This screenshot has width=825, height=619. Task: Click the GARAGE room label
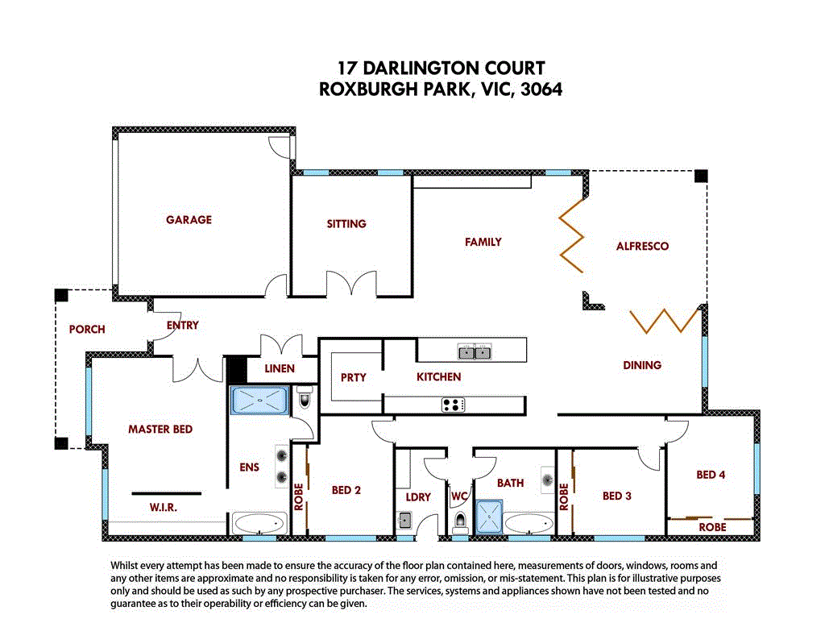click(189, 219)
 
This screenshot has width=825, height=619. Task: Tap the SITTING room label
click(346, 223)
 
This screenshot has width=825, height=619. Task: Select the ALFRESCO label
click(642, 246)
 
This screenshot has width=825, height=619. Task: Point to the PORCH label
click(87, 329)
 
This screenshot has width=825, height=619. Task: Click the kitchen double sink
click(473, 352)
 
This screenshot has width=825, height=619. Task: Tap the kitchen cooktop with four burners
click(453, 405)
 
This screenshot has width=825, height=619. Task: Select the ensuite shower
click(259, 401)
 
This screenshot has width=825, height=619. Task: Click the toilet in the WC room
click(460, 523)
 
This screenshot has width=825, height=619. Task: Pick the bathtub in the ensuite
click(259, 523)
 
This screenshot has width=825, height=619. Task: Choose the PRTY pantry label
click(353, 377)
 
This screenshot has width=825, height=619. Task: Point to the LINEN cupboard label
click(280, 368)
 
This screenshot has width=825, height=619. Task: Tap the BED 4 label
click(711, 475)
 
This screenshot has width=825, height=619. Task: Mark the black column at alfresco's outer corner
click(701, 176)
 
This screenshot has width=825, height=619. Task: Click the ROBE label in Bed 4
click(711, 527)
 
